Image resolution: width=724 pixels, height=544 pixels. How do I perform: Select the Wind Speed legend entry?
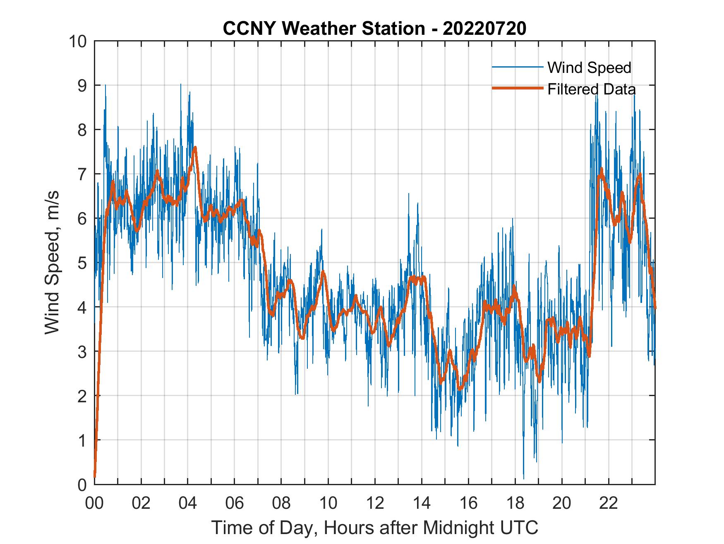pos(589,68)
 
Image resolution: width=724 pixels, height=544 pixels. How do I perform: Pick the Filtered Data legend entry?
pos(591,89)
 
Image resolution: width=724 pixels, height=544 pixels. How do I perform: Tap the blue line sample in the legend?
pos(517,67)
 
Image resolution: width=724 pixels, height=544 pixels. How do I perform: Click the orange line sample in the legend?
pos(517,88)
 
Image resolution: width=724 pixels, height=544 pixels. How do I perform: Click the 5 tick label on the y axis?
pos(82,263)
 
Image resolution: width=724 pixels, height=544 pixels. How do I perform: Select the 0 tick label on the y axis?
pos(82,484)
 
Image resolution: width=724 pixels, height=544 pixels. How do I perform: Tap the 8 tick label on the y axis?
pos(82,130)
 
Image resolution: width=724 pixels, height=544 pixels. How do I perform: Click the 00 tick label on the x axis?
pos(94,503)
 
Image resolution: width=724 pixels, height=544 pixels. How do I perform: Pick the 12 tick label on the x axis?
pos(375,503)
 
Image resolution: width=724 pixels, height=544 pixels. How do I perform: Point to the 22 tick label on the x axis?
pos(609,503)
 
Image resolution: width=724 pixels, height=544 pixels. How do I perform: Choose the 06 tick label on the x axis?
pos(235,503)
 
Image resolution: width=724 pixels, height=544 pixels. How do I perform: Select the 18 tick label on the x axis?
pos(515,503)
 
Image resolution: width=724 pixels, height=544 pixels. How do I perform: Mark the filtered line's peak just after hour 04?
pos(195,147)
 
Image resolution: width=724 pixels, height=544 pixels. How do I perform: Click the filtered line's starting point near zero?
pos(95,476)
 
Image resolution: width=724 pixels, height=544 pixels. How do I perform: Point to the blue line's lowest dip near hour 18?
pos(524,479)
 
